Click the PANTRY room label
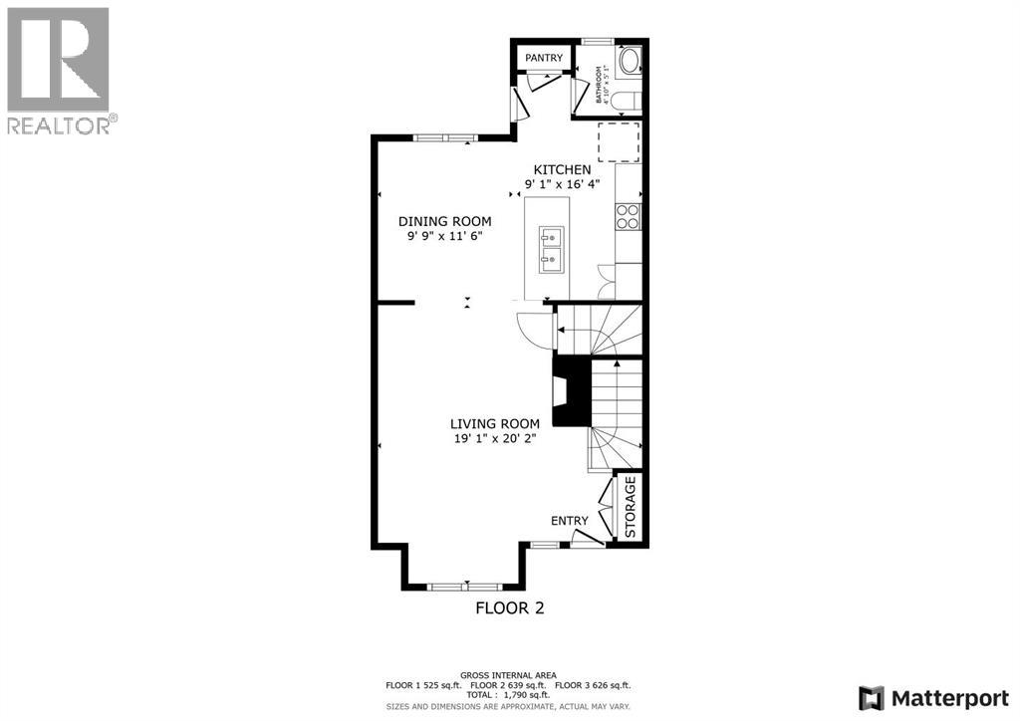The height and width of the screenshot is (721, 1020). coord(545,59)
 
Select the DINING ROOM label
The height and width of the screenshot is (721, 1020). coord(444,221)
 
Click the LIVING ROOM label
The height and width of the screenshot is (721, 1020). coord(494,423)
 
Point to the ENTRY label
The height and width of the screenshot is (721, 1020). coord(569,521)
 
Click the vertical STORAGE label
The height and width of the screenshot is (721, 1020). coord(630,507)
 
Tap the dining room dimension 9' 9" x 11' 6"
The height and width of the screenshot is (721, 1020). coord(444,236)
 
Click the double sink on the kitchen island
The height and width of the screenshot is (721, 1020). coord(552,249)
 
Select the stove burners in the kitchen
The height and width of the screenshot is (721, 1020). coord(628,216)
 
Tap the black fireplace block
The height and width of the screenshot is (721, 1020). coord(571,392)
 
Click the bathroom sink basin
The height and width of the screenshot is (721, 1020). coord(629,63)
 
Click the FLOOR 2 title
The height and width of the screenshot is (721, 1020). coord(509,607)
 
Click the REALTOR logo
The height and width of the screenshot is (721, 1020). coord(59,71)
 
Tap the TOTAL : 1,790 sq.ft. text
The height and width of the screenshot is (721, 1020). coord(509,695)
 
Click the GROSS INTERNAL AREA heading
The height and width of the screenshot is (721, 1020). coord(509,675)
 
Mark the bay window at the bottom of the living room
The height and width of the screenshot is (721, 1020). coord(464,586)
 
